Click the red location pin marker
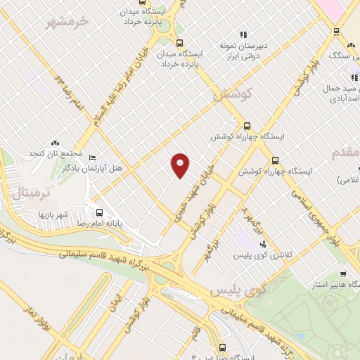tap(181, 165)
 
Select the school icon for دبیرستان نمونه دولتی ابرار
tap(244, 34)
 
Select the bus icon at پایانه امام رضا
tap(99, 211)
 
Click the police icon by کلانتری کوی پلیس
tap(263, 245)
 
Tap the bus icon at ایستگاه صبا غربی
tap(223, 347)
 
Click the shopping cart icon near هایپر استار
tap(342, 275)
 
